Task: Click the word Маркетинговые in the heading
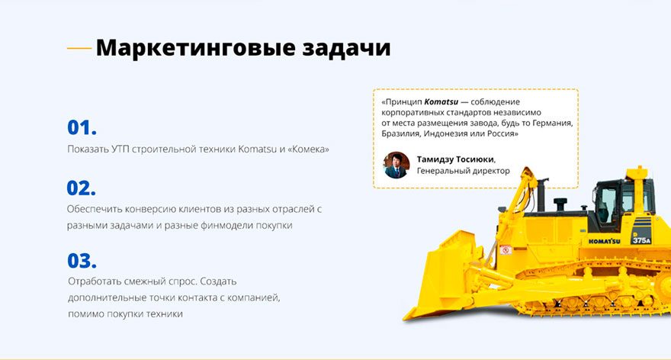pos(195,48)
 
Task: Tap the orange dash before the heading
pos(79,48)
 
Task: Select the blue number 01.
pos(82,127)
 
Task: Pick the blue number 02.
pos(82,188)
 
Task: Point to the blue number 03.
pos(82,261)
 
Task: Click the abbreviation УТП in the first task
pos(120,149)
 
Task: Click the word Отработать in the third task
pos(95,281)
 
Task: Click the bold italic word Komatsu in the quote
pos(441,102)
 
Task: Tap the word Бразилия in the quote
pos(400,134)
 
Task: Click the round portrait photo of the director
pos(396,166)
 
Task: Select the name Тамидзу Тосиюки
pos(456,159)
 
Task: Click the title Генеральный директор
pos(464,171)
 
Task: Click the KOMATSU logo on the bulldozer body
pos(604,241)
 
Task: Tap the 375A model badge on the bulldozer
pos(641,240)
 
